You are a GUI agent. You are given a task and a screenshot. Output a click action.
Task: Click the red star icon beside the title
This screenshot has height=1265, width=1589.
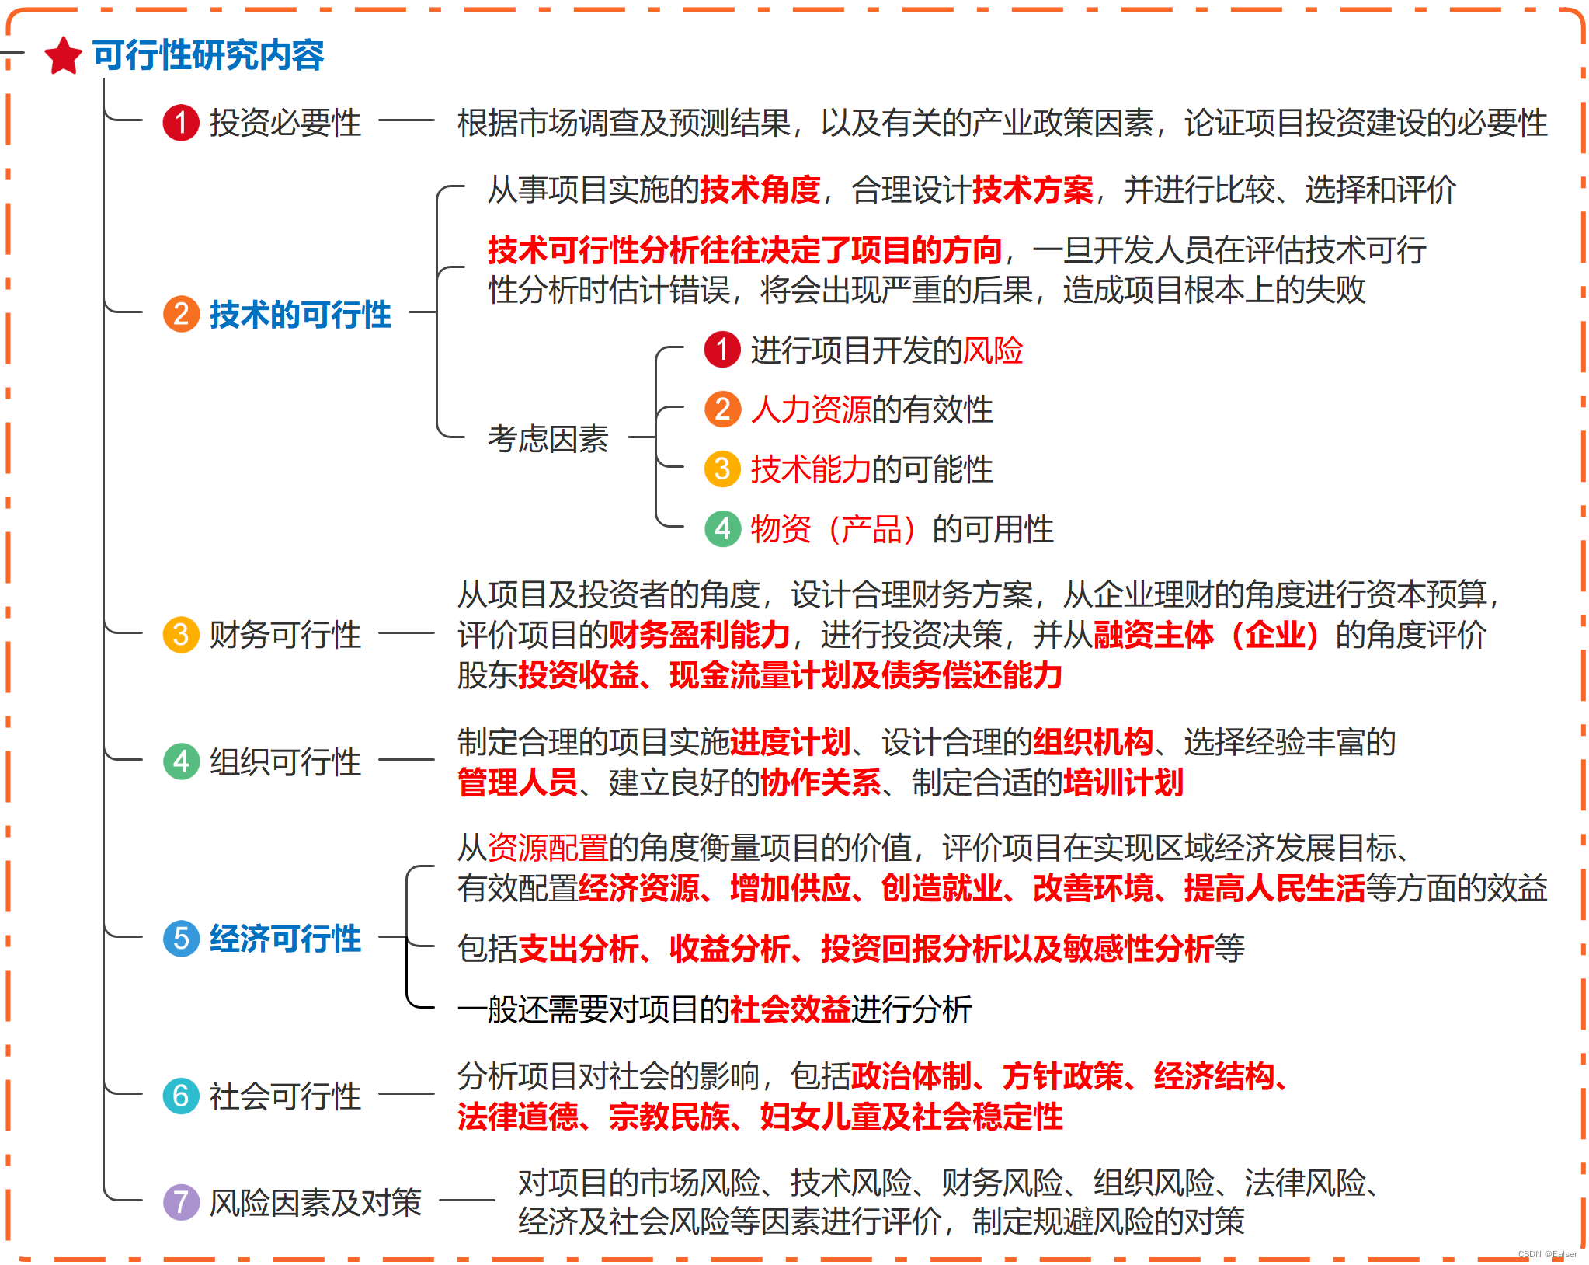click(x=64, y=56)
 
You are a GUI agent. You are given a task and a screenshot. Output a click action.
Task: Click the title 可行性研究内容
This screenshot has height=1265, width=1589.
click(x=208, y=55)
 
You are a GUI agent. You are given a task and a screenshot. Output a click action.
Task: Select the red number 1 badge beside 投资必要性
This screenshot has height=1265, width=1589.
click(x=181, y=123)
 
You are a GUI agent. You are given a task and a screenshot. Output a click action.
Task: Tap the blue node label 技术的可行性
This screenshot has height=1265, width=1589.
click(x=300, y=315)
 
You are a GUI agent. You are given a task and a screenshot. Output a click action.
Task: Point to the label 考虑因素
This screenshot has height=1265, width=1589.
click(x=548, y=439)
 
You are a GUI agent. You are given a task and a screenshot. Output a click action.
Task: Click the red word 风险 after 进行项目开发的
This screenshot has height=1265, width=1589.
click(x=993, y=350)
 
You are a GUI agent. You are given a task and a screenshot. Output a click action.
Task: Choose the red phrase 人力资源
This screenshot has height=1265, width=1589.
click(x=811, y=409)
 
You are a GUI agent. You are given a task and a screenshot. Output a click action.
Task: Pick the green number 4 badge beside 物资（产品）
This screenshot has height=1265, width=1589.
click(x=722, y=529)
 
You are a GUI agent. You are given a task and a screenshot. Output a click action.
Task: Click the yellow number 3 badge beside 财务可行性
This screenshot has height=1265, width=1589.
click(x=181, y=635)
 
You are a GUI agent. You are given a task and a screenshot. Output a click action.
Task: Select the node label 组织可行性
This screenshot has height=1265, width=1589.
click(x=285, y=761)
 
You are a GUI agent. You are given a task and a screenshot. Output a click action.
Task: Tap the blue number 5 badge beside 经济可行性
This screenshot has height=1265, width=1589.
click(x=181, y=939)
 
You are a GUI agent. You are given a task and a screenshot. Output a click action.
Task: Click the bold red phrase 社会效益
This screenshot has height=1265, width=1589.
click(x=790, y=1009)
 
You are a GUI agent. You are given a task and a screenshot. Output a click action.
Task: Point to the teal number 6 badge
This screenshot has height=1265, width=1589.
click(x=181, y=1096)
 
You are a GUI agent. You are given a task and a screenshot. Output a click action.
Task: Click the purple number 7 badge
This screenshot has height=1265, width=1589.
click(x=181, y=1202)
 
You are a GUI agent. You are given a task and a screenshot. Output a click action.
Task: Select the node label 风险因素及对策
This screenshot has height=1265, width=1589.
click(x=315, y=1203)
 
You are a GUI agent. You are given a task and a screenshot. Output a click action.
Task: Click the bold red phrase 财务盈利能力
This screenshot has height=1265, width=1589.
click(x=699, y=635)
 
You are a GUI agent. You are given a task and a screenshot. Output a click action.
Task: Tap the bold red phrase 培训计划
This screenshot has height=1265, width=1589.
click(x=1123, y=782)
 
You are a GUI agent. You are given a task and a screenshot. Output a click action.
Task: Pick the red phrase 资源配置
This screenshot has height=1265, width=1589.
click(x=548, y=848)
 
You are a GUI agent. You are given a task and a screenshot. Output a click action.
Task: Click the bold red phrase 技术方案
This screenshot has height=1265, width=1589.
click(x=1032, y=190)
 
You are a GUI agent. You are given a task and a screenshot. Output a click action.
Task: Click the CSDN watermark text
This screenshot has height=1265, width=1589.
click(x=1547, y=1253)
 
